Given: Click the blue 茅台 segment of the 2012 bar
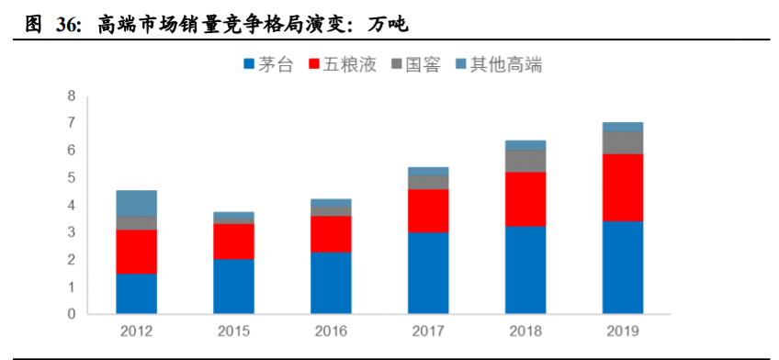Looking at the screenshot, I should (x=136, y=294).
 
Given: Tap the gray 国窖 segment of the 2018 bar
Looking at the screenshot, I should (x=525, y=161).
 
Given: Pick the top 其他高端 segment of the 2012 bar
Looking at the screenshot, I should (x=136, y=203).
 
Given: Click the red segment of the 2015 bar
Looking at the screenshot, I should (x=233, y=241).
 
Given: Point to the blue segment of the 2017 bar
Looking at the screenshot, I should (x=427, y=273).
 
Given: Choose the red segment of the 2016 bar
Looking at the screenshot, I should (x=331, y=234).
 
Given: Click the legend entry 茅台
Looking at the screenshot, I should (x=275, y=64).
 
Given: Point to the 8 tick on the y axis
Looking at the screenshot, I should (x=71, y=96).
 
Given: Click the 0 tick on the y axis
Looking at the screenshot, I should (x=71, y=314).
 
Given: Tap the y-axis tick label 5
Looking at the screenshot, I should (x=71, y=177).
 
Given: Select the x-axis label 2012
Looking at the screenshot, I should (x=136, y=331).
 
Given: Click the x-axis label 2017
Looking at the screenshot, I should (x=427, y=331).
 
